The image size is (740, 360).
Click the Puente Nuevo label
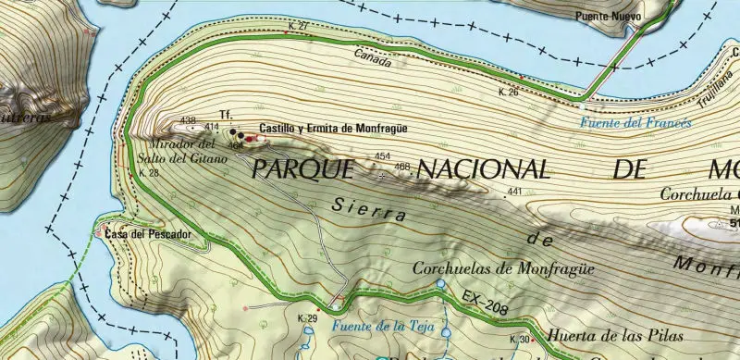point(607,16)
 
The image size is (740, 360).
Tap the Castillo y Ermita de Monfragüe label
point(332,129)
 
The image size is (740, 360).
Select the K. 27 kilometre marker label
point(298,27)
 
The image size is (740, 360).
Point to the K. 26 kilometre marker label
point(508,93)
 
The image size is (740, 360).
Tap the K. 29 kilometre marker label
point(307,318)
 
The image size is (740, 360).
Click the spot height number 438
point(189,120)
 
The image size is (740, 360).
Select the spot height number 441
point(515,192)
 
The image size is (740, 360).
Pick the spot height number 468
point(401,167)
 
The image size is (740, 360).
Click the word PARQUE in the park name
point(302,168)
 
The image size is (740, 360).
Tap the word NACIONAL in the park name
point(483,169)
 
